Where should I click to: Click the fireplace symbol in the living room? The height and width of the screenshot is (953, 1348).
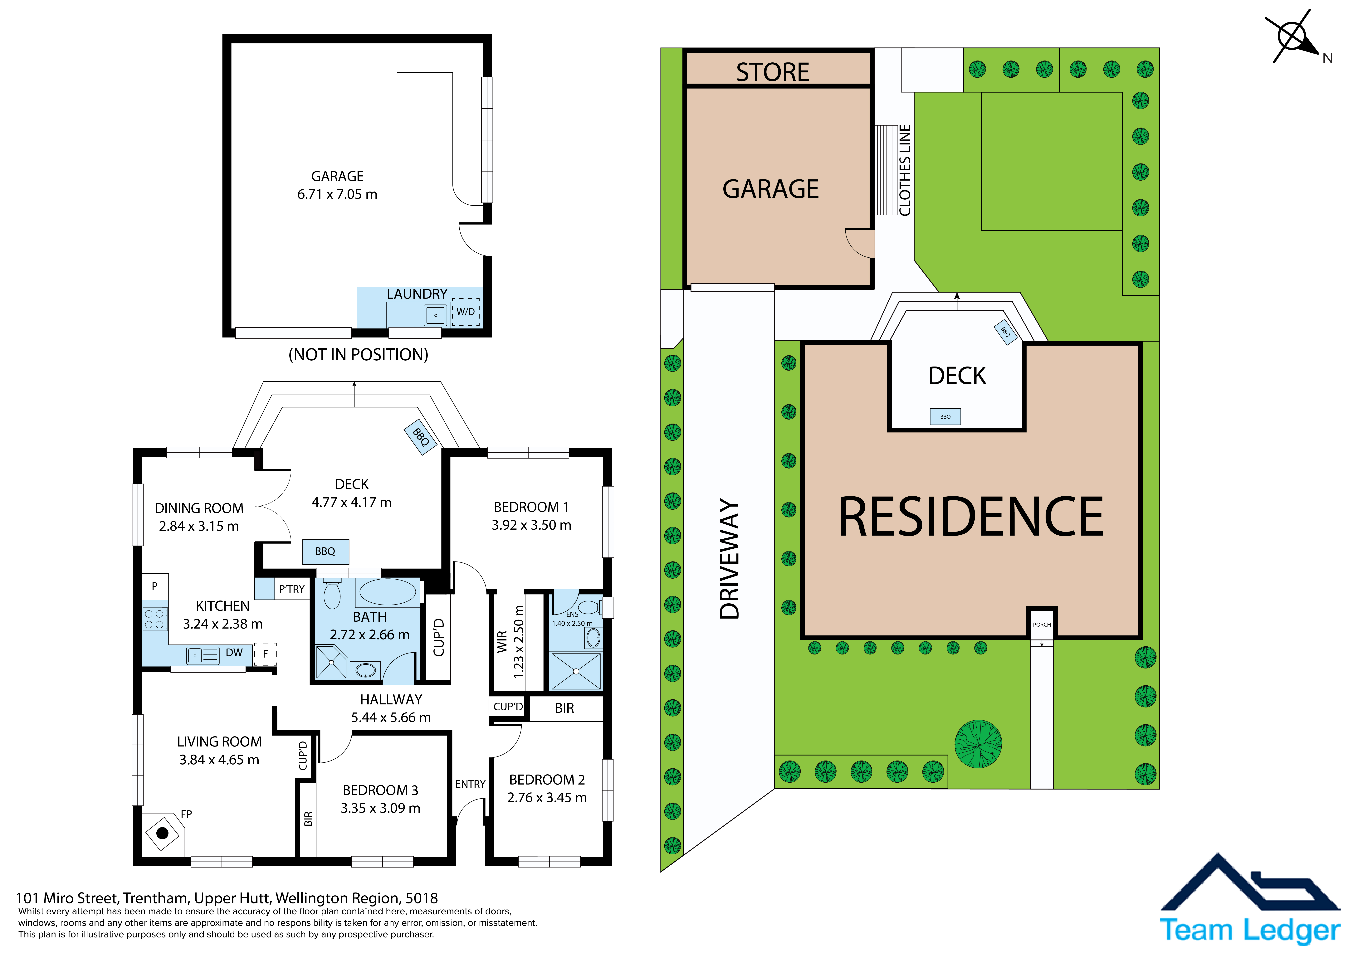(x=163, y=833)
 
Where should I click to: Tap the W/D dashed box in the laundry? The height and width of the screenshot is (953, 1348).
(x=466, y=312)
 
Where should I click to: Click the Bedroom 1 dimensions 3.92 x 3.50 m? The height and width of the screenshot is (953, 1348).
(x=531, y=525)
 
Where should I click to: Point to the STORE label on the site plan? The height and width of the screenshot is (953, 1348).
(x=773, y=72)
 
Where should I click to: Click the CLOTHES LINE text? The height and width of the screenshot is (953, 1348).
(x=905, y=170)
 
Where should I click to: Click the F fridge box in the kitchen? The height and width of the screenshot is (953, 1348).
(x=265, y=654)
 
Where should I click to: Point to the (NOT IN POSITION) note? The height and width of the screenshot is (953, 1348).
(x=358, y=355)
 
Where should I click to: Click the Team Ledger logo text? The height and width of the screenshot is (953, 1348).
(x=1250, y=930)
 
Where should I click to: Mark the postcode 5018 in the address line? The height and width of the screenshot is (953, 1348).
(x=422, y=898)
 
